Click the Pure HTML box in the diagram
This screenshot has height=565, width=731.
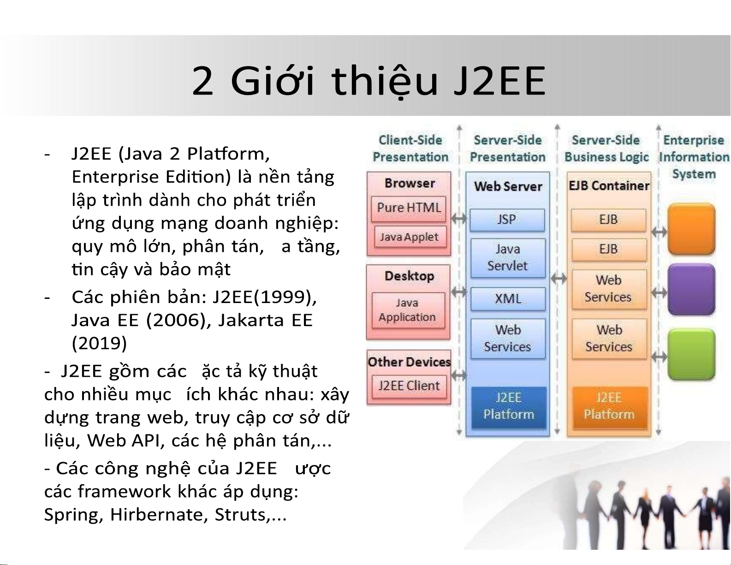[409, 208]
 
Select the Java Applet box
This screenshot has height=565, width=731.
[410, 237]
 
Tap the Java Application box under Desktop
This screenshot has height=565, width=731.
[408, 310]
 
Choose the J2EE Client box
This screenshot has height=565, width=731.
[409, 386]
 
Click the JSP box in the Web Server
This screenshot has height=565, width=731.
[507, 220]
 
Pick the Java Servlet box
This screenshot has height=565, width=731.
[508, 258]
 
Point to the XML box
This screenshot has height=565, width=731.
[508, 299]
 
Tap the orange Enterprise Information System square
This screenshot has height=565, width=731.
[692, 229]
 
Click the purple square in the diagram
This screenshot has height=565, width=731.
[692, 290]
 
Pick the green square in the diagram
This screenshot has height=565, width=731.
[692, 355]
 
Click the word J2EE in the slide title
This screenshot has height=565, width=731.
[499, 81]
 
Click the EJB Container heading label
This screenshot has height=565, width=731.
[609, 185]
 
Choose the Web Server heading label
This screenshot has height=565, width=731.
[508, 186]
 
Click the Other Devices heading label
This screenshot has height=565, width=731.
[409, 362]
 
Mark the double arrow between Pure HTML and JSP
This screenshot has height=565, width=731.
[458, 219]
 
